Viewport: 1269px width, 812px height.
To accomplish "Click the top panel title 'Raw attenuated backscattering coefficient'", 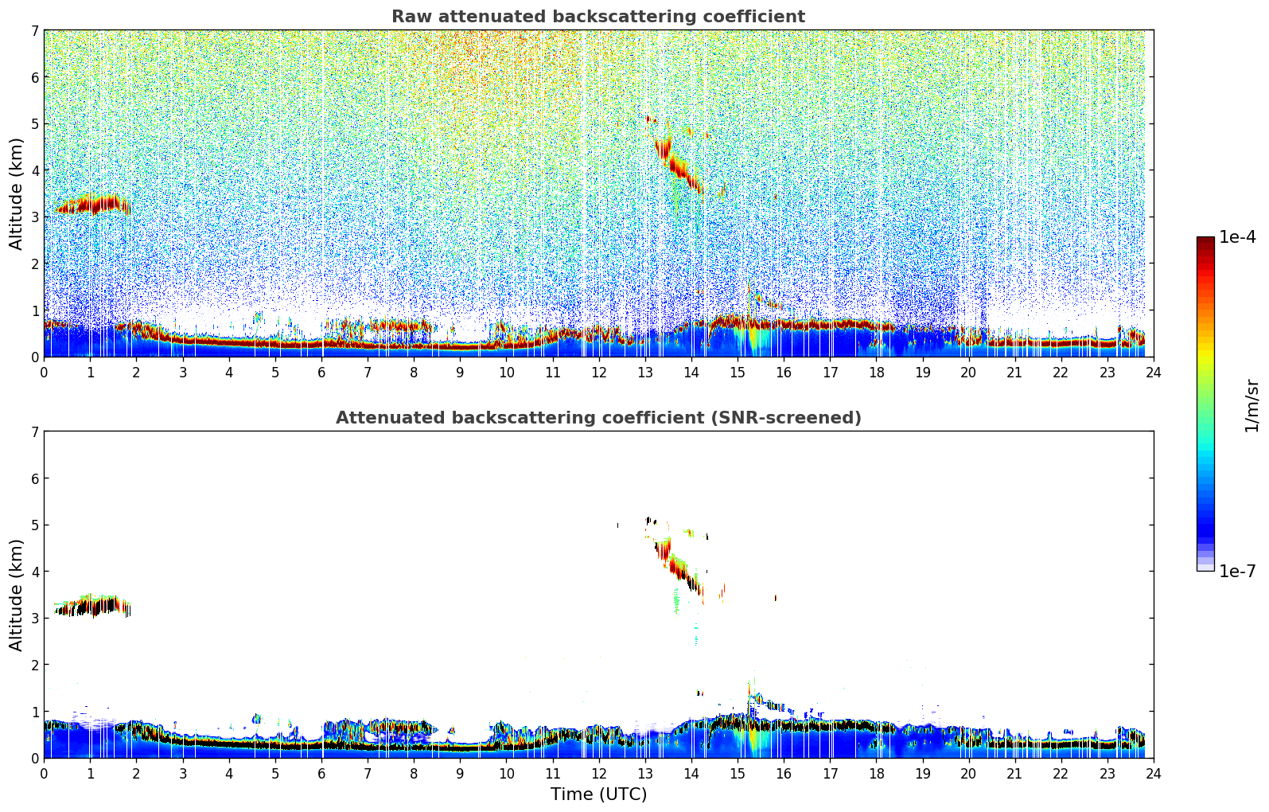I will click(x=598, y=17).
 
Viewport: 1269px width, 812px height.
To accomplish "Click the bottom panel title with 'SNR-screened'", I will click(x=598, y=418).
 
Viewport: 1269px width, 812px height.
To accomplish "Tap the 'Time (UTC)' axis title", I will click(x=598, y=794).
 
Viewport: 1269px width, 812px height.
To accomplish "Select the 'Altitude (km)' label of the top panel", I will click(x=17, y=193).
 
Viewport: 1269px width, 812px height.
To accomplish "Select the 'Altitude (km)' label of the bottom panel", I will click(x=17, y=595).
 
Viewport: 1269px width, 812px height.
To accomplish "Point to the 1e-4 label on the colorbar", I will click(x=1237, y=237).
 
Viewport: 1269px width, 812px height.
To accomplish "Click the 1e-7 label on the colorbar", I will click(x=1237, y=571).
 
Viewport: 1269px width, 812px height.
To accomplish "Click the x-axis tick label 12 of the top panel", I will click(x=598, y=373).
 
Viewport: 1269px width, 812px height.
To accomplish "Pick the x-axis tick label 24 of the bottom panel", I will click(x=1153, y=774).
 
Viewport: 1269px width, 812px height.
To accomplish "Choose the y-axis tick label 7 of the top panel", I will click(x=34, y=30).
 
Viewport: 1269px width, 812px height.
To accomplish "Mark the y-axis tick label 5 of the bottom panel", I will click(x=34, y=525).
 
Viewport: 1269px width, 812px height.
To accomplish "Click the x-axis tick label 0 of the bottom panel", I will click(x=44, y=774).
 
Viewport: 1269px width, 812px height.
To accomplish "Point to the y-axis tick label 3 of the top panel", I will click(x=34, y=217).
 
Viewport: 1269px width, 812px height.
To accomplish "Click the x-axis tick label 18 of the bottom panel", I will click(x=876, y=774).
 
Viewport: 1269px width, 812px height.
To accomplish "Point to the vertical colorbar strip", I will click(x=1205, y=404).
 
